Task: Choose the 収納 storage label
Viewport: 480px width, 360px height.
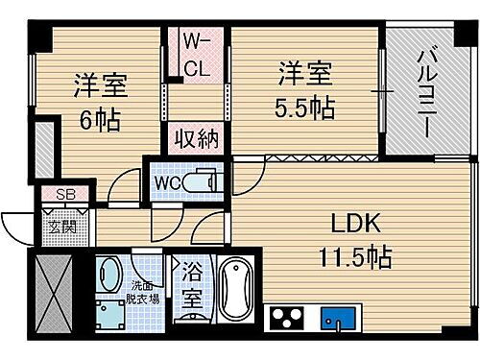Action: click(x=196, y=136)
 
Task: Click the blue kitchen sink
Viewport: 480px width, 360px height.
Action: click(x=341, y=317)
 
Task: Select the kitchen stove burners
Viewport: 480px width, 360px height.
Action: click(x=288, y=317)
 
